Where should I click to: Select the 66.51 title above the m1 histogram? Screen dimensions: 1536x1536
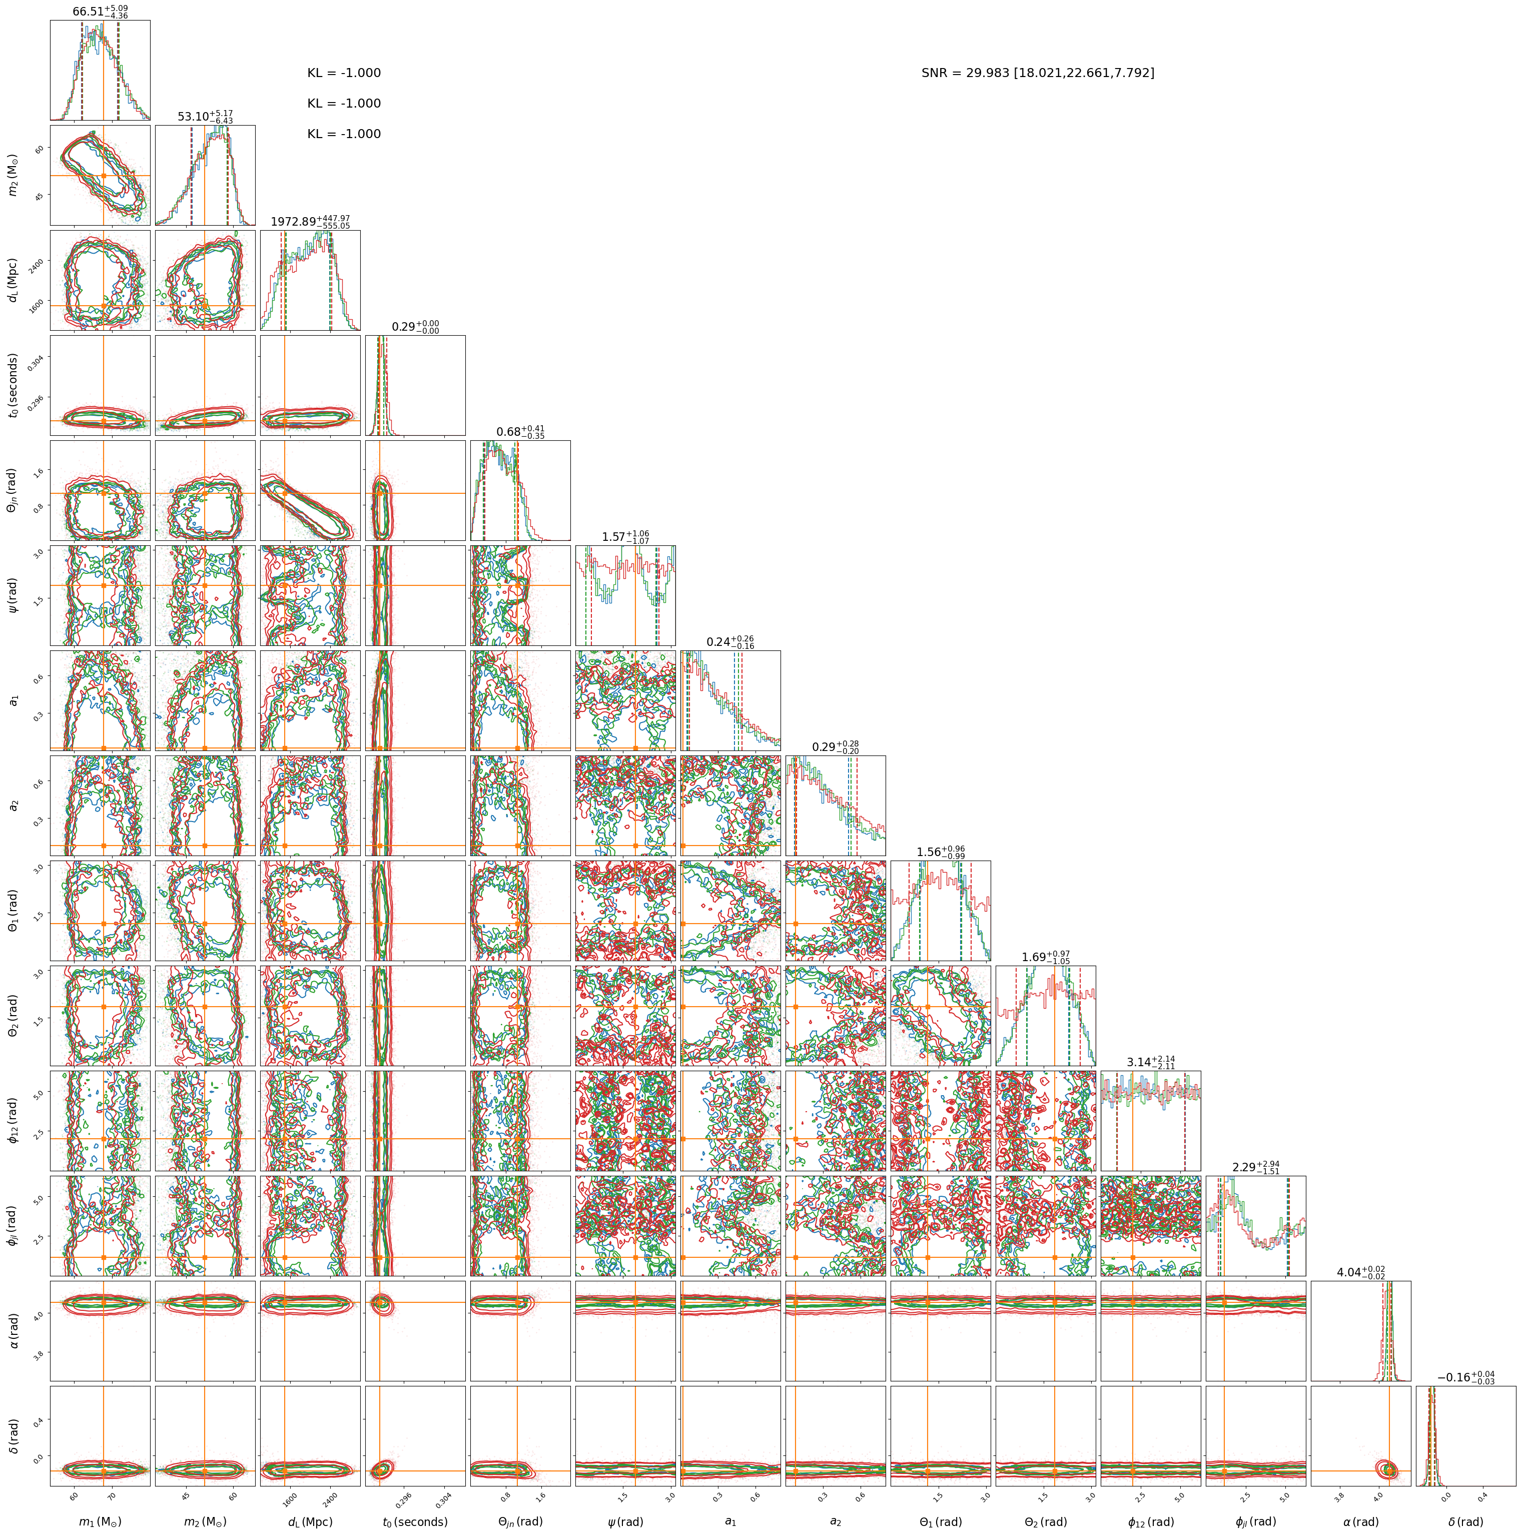pyautogui.click(x=100, y=11)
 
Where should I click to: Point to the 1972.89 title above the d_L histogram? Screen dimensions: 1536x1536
pyautogui.click(x=310, y=222)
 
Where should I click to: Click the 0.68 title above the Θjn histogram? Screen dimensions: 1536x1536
pyautogui.click(x=521, y=432)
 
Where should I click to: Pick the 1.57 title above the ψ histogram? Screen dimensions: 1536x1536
pyautogui.click(x=626, y=537)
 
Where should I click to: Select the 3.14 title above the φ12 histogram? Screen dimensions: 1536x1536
pyautogui.click(x=1150, y=1062)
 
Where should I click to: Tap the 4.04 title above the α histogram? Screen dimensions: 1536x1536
pyautogui.click(x=1361, y=1272)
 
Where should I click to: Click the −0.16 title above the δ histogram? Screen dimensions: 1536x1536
pyautogui.click(x=1466, y=1377)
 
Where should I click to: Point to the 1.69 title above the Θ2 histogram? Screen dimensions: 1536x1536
pyautogui.click(x=1046, y=957)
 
